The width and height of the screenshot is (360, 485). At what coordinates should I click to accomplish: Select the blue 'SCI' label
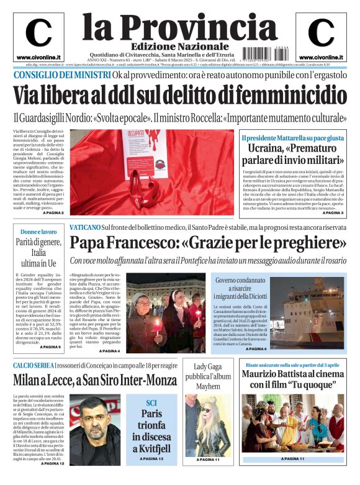pos(151,402)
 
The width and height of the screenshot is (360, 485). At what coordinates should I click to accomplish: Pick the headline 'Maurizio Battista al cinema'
pos(292,374)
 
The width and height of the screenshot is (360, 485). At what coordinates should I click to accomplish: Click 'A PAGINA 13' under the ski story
pos(151,458)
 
